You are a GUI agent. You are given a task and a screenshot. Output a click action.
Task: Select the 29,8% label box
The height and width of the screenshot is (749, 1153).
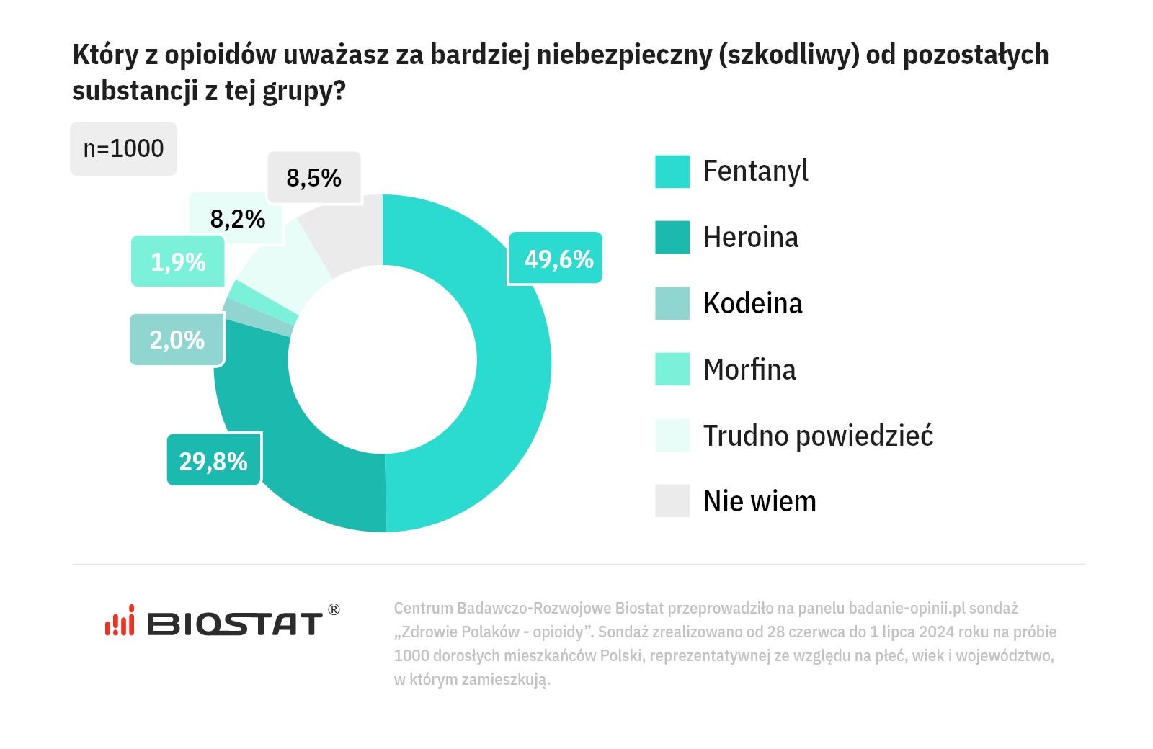(213, 461)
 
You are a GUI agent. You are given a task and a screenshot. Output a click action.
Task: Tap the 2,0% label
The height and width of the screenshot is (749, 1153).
(177, 339)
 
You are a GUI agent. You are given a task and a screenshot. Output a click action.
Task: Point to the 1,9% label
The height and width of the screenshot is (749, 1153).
(178, 261)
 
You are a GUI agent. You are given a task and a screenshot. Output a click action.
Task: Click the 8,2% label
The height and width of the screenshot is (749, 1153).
(237, 218)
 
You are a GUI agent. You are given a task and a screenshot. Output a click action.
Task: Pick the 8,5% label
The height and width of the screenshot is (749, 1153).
(313, 177)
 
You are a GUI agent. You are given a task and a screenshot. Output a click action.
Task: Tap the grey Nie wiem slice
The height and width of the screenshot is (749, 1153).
(346, 230)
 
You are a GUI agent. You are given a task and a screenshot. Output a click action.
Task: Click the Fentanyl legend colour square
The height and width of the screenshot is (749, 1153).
(672, 171)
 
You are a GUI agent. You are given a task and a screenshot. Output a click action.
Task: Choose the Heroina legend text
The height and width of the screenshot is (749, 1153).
(750, 238)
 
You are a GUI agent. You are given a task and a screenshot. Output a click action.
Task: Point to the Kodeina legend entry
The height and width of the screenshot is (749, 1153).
(752, 303)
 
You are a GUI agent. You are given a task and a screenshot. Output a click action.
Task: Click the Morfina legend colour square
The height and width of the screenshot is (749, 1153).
(672, 369)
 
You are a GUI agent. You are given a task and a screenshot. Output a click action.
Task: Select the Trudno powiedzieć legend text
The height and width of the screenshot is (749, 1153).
(817, 436)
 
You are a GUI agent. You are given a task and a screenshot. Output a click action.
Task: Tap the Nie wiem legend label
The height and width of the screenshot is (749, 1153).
(759, 501)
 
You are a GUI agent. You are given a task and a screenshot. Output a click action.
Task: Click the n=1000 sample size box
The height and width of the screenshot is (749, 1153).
(123, 148)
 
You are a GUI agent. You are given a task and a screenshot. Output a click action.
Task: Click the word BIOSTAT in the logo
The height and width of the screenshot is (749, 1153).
(235, 624)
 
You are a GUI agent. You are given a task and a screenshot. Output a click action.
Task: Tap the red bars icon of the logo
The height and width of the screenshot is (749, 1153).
(120, 622)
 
